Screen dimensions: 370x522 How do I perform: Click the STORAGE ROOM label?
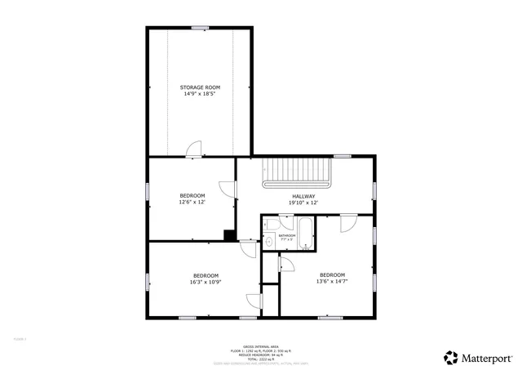click(200, 87)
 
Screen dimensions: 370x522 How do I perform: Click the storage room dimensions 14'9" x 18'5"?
click(200, 94)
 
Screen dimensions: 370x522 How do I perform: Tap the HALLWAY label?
click(303, 196)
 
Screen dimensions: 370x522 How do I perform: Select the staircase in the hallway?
click(299, 173)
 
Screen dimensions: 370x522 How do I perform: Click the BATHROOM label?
click(286, 235)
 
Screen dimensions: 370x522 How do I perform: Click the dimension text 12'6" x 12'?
click(192, 203)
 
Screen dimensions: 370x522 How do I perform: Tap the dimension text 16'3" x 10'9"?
click(206, 282)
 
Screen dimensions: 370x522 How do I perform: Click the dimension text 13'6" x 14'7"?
click(332, 281)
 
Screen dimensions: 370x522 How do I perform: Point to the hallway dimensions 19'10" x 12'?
click(303, 203)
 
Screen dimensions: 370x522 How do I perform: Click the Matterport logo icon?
click(451, 357)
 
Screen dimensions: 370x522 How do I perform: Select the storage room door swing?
click(193, 148)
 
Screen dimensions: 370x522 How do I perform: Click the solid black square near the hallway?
click(229, 235)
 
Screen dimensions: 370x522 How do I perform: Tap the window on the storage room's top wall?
click(200, 28)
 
